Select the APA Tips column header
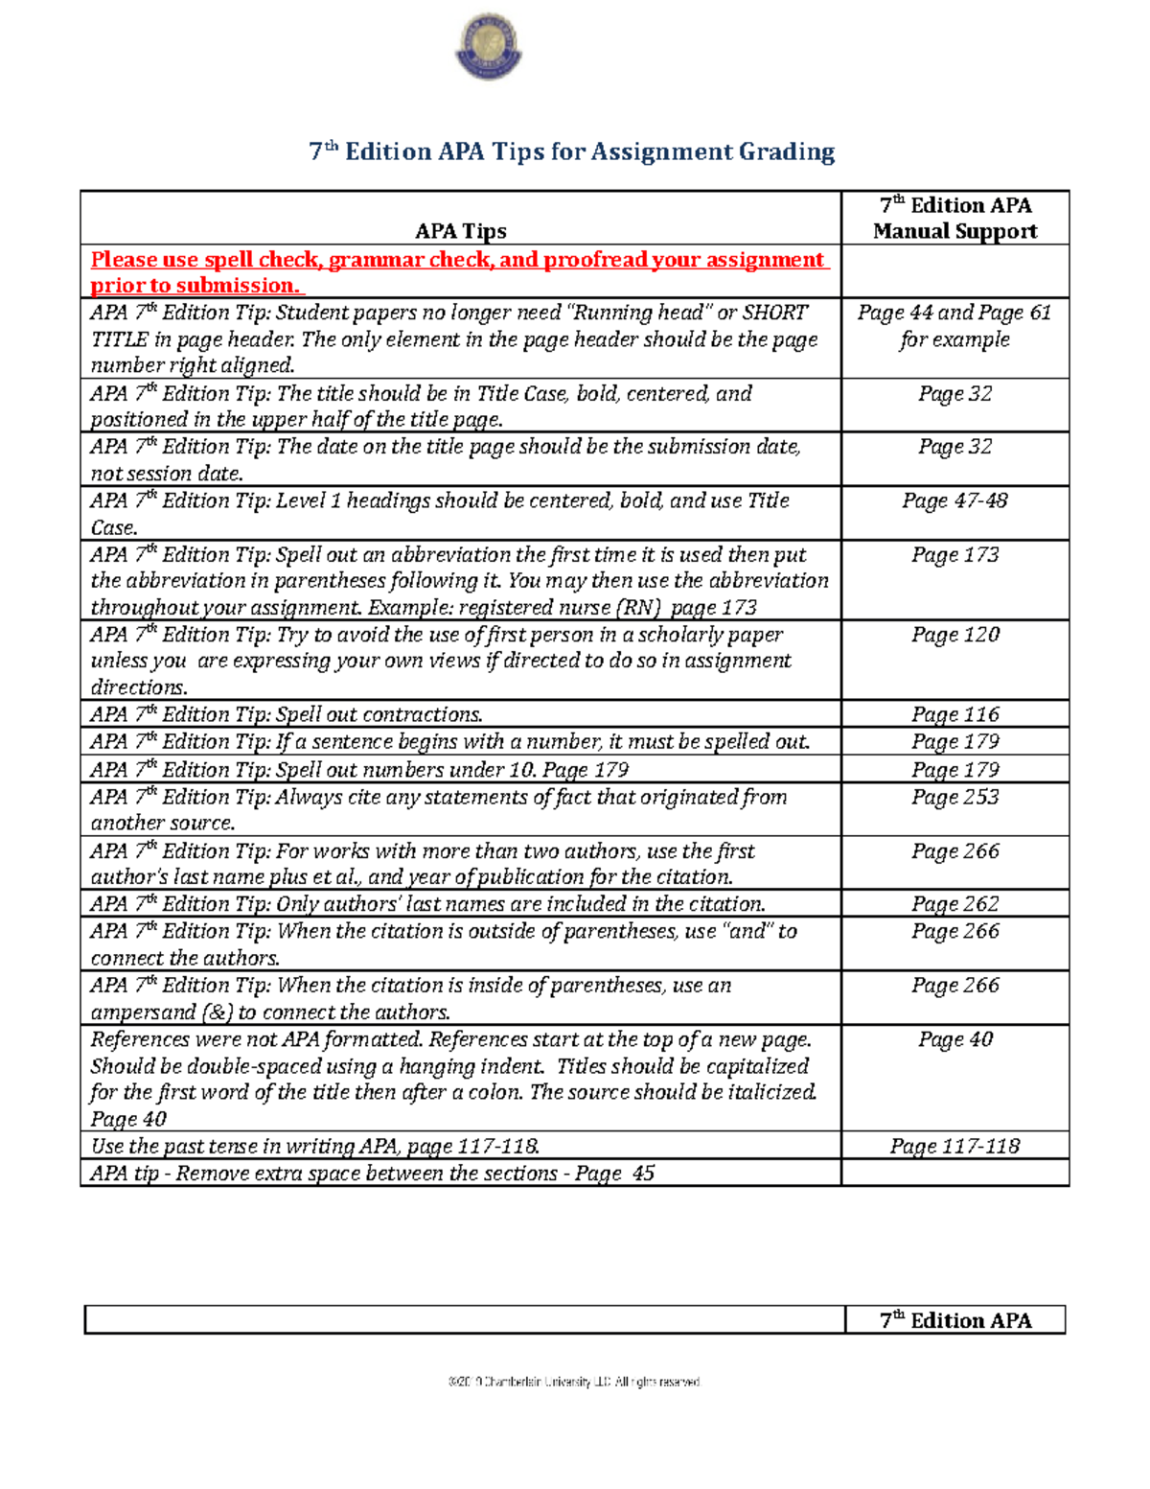pyautogui.click(x=460, y=231)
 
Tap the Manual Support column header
pyautogui.click(x=954, y=231)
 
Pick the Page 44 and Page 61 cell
pyautogui.click(x=954, y=326)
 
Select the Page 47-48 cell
pyautogui.click(x=954, y=500)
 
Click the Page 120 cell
pyautogui.click(x=954, y=635)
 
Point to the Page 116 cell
pyautogui.click(x=954, y=714)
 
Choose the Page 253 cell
pyautogui.click(x=954, y=798)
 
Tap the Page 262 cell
pyautogui.click(x=954, y=904)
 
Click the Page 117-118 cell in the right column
pyautogui.click(x=954, y=1147)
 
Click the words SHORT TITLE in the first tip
pyautogui.click(x=774, y=314)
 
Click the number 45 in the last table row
pyautogui.click(x=642, y=1174)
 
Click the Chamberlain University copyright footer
pyautogui.click(x=574, y=1382)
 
